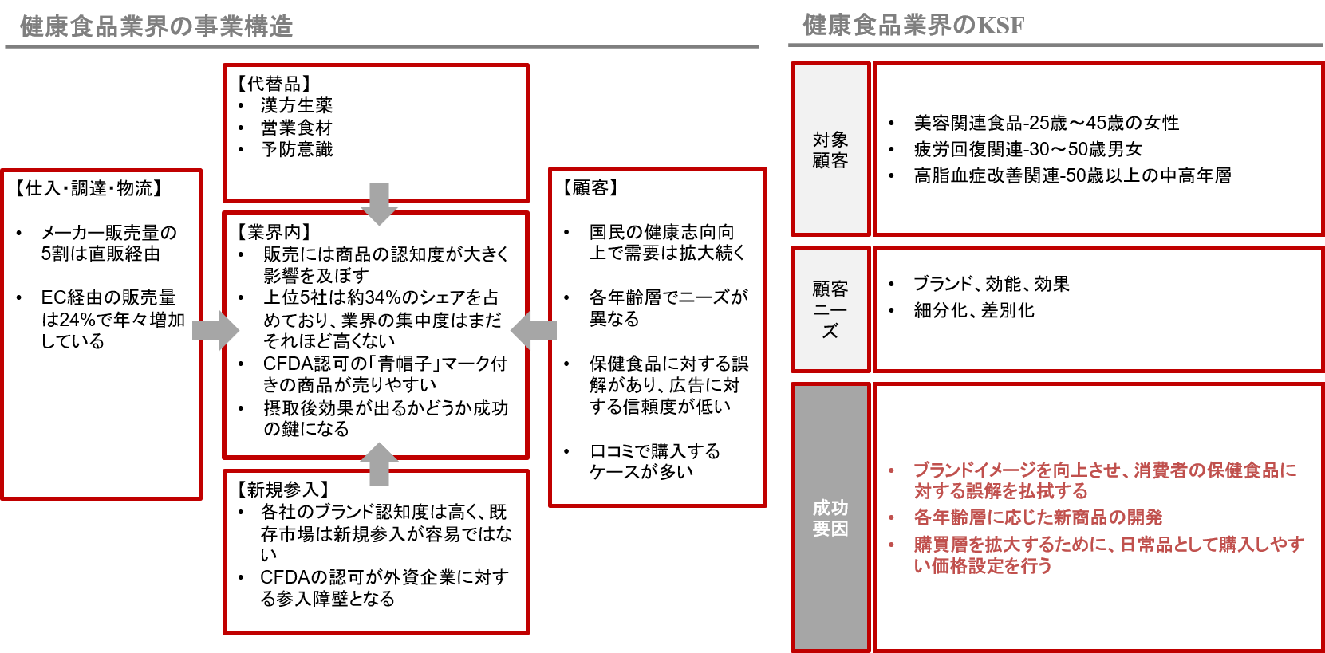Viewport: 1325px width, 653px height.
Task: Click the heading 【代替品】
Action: [x=274, y=84]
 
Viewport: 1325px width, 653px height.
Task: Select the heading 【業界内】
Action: [x=274, y=231]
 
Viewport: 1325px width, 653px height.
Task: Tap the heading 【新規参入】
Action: [x=282, y=490]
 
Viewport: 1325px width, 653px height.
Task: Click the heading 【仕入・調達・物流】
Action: [x=88, y=188]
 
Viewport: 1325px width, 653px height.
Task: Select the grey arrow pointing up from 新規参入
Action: [x=379, y=464]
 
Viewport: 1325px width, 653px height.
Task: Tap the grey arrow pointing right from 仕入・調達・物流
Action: [x=216, y=331]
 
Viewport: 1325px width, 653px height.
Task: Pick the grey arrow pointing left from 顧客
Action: [x=534, y=331]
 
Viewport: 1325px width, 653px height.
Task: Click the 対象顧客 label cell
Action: [x=830, y=149]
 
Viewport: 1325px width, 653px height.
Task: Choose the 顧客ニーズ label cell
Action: [x=830, y=309]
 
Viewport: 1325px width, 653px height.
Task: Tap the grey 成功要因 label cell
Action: [x=830, y=517]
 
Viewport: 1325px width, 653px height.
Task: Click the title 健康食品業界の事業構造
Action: [x=157, y=26]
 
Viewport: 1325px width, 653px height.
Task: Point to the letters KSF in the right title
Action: [x=1000, y=26]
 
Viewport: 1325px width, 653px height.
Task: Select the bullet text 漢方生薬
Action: [x=297, y=106]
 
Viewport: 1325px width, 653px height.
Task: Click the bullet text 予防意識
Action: [x=297, y=150]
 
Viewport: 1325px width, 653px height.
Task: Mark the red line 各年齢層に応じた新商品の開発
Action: [x=1038, y=517]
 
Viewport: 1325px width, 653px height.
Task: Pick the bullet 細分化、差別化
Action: [x=974, y=310]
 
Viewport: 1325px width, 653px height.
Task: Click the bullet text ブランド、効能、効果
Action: [x=992, y=284]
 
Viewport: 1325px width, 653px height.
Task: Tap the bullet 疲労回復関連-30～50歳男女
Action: [x=1027, y=149]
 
